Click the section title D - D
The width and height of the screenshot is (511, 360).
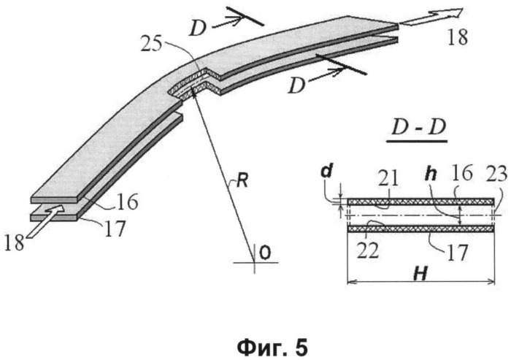(x=418, y=128)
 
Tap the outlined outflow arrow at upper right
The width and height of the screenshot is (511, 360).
(x=430, y=18)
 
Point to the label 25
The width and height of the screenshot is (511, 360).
(x=151, y=45)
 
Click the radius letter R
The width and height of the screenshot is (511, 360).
(x=242, y=180)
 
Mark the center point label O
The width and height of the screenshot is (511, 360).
(x=266, y=253)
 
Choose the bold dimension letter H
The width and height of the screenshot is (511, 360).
(x=420, y=274)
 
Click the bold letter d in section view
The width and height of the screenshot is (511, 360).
(x=326, y=171)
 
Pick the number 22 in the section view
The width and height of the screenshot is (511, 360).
(x=367, y=250)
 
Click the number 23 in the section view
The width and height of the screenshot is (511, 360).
(x=497, y=174)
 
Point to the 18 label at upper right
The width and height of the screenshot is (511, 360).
(x=458, y=37)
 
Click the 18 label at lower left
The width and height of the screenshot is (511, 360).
(x=15, y=243)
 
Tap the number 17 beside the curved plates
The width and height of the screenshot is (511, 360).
(x=115, y=229)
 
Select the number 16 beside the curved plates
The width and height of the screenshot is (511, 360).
(x=128, y=202)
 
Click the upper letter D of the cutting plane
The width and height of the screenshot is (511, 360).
(x=198, y=28)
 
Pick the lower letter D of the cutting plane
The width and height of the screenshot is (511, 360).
(x=296, y=86)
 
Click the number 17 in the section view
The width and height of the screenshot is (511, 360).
(x=458, y=252)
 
